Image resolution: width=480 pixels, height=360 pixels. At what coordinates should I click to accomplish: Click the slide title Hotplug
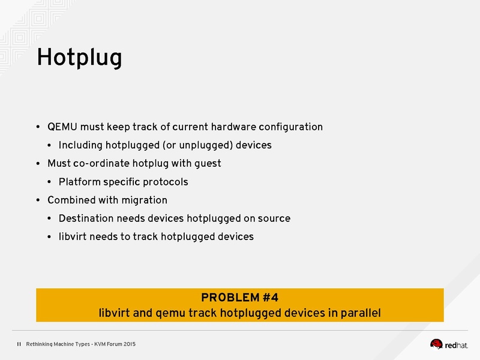(x=79, y=58)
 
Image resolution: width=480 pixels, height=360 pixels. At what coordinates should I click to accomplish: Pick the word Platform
(x=80, y=182)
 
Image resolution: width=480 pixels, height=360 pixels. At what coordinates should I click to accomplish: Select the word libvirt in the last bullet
(x=73, y=236)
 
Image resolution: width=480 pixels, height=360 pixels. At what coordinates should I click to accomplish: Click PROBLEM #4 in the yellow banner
(x=239, y=297)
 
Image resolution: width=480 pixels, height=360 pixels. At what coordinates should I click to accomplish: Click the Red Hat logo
(x=452, y=344)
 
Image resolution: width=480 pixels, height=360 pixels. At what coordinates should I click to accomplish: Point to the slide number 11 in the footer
(x=19, y=344)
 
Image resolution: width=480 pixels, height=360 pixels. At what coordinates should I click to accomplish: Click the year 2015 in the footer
(x=128, y=344)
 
